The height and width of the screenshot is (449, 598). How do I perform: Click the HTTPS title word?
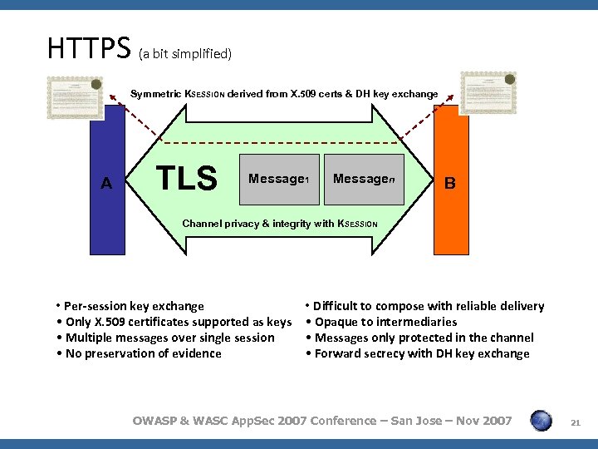click(90, 48)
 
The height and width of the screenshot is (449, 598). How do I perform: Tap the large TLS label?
click(188, 178)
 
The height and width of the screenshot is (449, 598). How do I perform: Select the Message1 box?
click(279, 179)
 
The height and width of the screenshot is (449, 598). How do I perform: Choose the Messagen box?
click(363, 179)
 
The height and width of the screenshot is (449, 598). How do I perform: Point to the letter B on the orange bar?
click(449, 183)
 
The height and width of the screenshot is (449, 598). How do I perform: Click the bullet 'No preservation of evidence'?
click(139, 353)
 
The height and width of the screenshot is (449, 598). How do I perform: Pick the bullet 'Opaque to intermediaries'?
click(381, 322)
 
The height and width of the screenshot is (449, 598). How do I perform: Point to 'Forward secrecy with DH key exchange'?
click(417, 353)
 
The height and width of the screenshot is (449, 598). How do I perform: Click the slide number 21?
click(574, 424)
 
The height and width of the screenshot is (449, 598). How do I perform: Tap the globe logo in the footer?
click(541, 421)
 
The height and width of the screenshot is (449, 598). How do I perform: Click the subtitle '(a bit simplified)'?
click(184, 54)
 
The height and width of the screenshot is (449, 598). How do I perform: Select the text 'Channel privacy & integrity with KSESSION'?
click(280, 224)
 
